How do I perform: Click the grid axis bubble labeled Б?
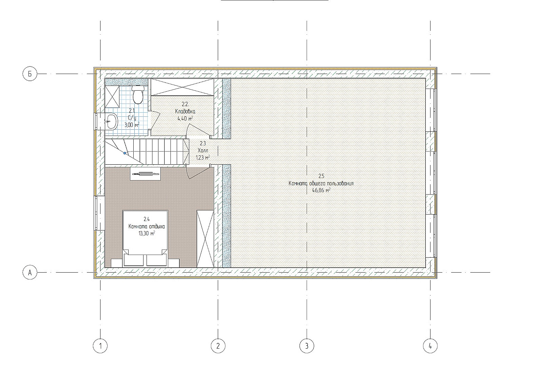coord(30,74)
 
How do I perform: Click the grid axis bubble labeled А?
coord(30,273)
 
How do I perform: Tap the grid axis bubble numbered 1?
coord(100,346)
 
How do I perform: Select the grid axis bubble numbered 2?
coord(218,346)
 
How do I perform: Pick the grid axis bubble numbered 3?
coord(307,346)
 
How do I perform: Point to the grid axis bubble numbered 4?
coord(430,346)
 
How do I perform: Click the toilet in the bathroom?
coord(138,94)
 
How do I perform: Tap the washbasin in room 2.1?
coord(111,122)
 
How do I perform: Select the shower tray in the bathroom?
coord(112,97)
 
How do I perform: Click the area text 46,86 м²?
coord(321,190)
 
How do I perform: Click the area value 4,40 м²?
coord(185,118)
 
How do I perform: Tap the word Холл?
coord(203,150)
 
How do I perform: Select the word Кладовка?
coord(185,111)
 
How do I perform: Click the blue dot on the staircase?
coord(124,153)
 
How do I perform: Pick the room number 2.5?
coord(321,176)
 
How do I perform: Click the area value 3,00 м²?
coord(132,125)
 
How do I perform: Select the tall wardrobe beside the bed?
coord(205,239)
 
